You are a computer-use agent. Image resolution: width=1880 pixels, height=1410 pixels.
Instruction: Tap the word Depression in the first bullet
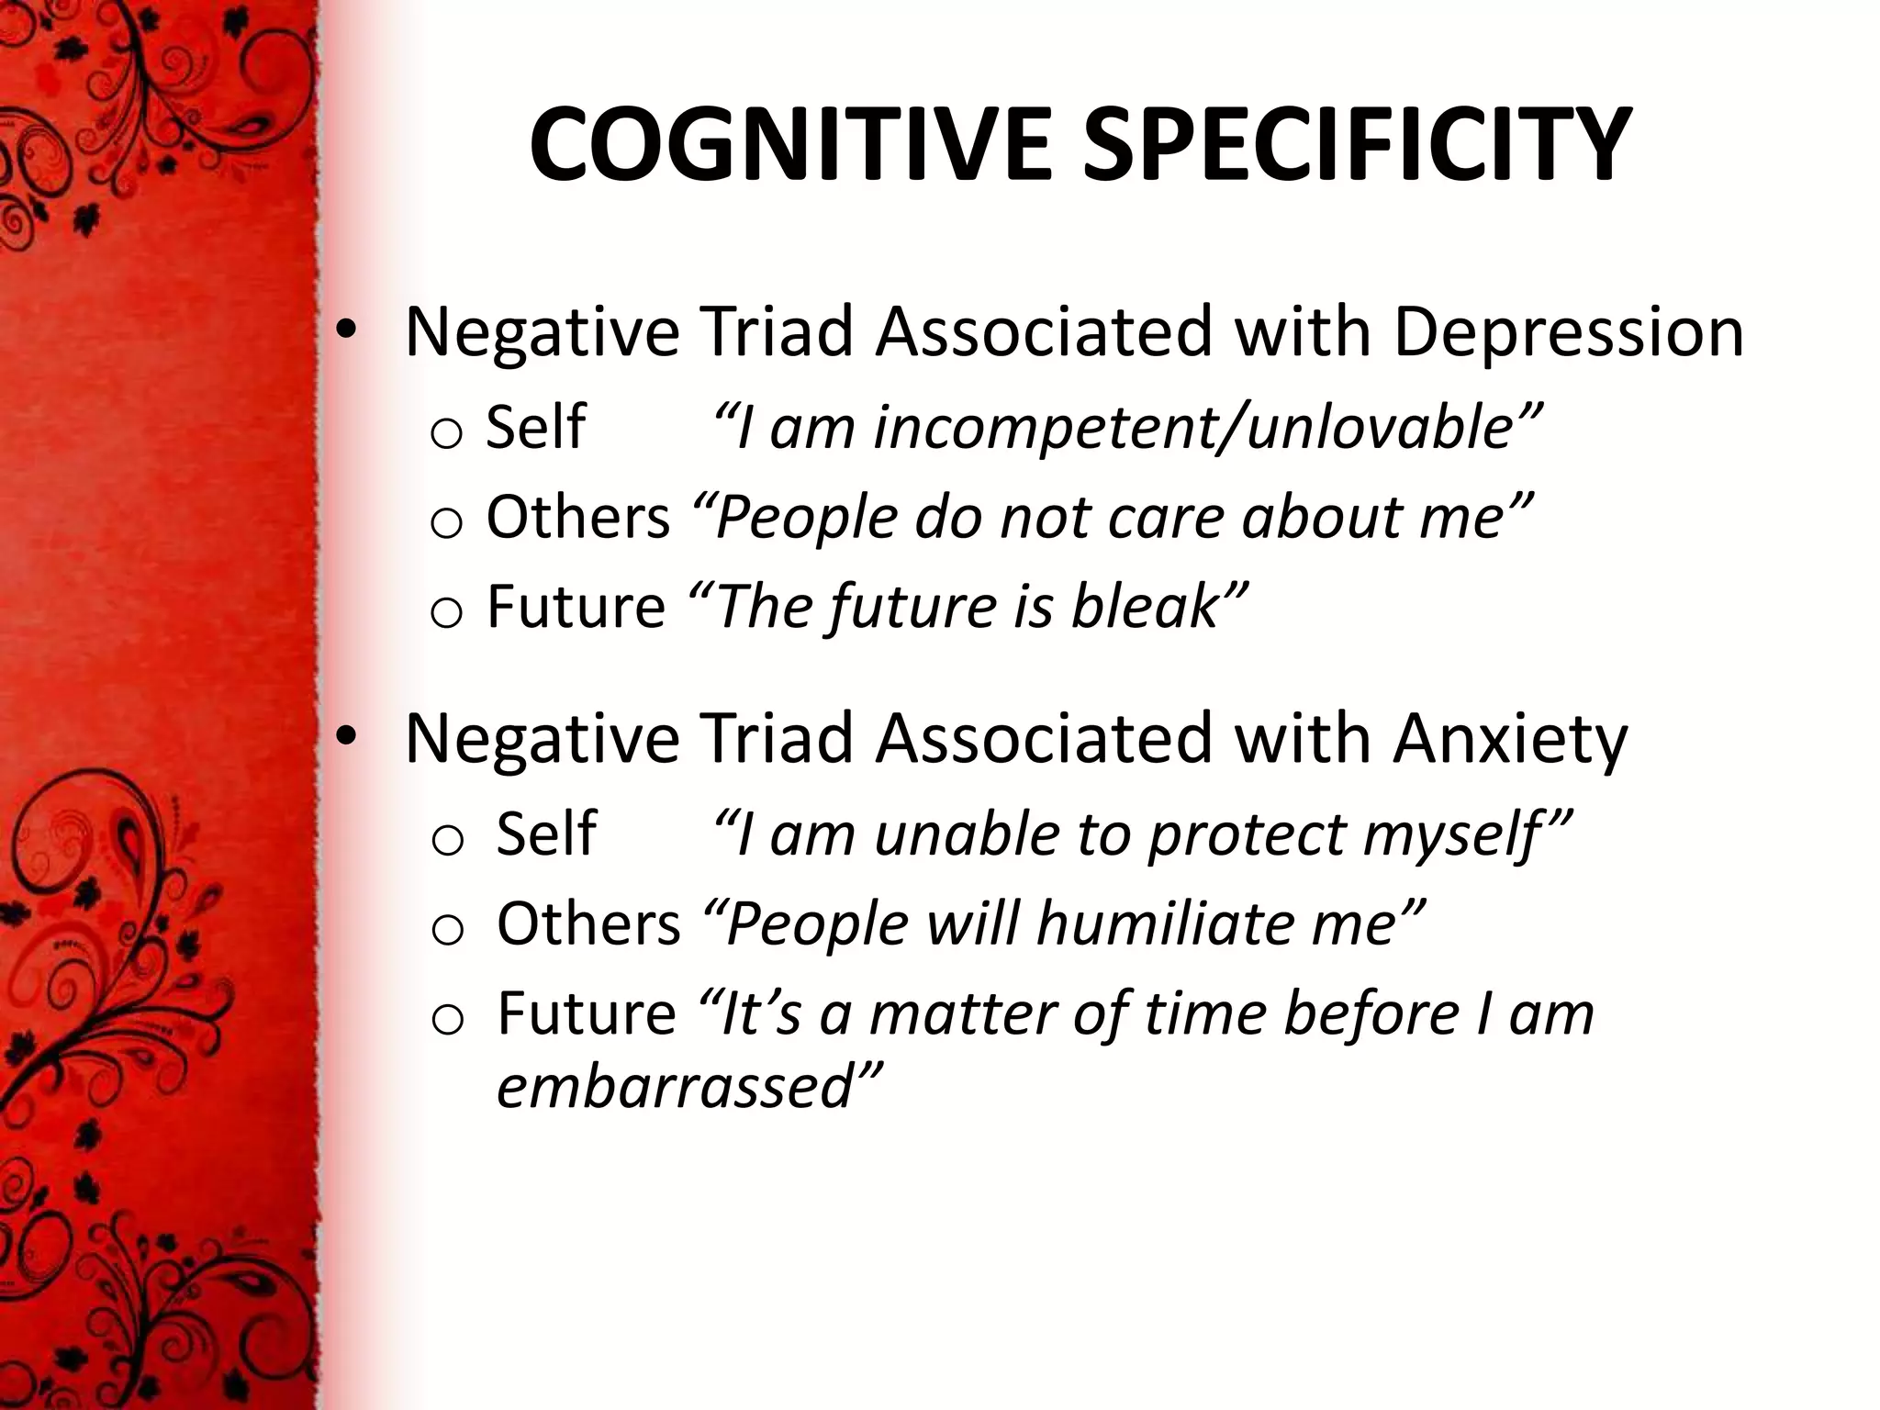click(1568, 332)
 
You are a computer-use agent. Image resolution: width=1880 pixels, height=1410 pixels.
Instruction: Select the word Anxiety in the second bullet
click(1509, 739)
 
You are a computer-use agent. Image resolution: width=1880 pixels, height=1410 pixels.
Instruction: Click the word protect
click(1248, 835)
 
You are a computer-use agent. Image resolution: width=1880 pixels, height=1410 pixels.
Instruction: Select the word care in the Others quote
click(1165, 518)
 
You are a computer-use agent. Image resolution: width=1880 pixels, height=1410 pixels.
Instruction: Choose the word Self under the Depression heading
click(535, 427)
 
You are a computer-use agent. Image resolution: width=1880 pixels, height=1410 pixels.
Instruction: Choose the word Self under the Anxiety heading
click(546, 834)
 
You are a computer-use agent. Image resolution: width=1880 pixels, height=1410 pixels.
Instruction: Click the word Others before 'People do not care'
click(578, 517)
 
